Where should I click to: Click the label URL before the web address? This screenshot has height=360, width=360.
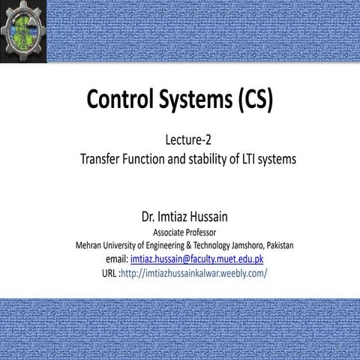coord(108,272)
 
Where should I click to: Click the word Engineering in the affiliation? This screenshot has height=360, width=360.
coord(161,245)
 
